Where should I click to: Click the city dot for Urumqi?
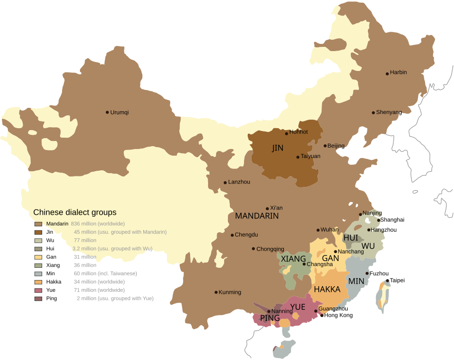tap(107, 112)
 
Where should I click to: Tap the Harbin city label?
tap(398, 72)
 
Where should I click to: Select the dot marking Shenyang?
tap(373, 113)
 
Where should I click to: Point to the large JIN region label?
tap(278, 148)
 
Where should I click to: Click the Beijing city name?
tap(336, 146)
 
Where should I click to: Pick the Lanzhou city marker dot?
tap(225, 183)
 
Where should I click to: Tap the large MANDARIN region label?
tap(257, 216)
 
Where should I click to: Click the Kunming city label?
tap(230, 292)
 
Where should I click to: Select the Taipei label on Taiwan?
tap(397, 281)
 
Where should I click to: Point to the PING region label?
tap(270, 318)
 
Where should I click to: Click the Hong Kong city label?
tap(339, 315)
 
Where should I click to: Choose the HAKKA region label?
tap(327, 290)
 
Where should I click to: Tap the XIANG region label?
tap(293, 259)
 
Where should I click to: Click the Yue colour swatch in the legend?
tap(38, 290)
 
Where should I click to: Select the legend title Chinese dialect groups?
tap(75, 212)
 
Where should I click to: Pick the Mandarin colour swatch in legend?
tap(38, 224)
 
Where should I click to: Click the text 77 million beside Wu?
tap(85, 240)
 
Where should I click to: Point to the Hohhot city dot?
tap(287, 133)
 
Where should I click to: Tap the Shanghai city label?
tap(392, 220)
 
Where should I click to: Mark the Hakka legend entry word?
tap(54, 282)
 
